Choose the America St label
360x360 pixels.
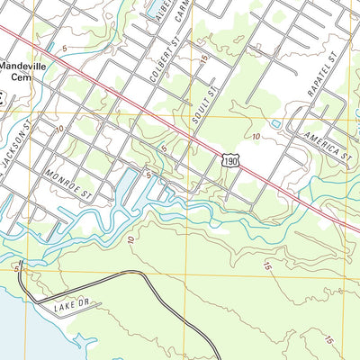pyautogui.click(x=325, y=145)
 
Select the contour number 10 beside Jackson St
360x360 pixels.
pyautogui.click(x=58, y=130)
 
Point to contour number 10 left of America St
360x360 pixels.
pyautogui.click(x=256, y=136)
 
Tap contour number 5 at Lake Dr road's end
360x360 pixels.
pyautogui.click(x=16, y=267)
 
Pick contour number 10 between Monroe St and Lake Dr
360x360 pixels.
pyautogui.click(x=131, y=238)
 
